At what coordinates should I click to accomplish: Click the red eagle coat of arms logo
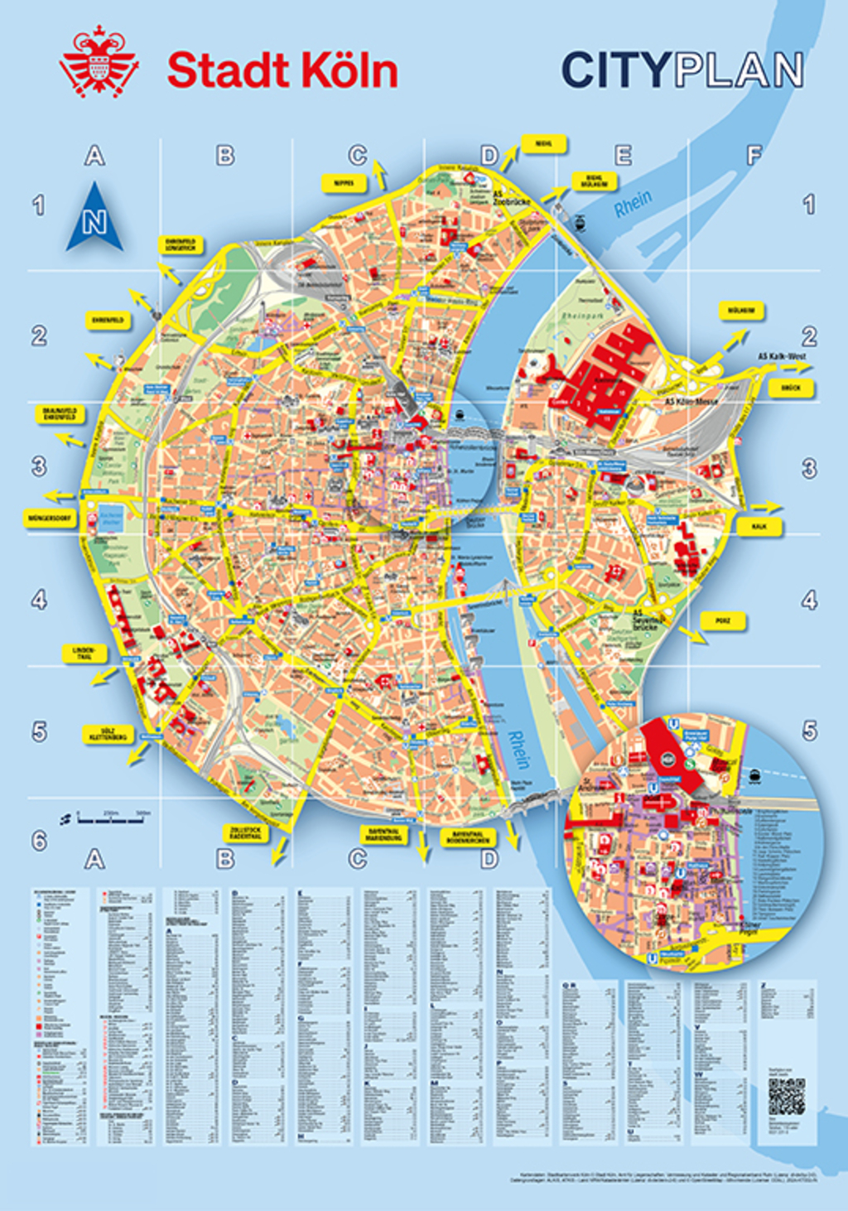(98, 62)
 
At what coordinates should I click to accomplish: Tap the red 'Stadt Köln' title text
(282, 71)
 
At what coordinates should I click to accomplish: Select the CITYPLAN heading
(682, 70)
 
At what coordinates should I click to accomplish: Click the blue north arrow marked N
(94, 219)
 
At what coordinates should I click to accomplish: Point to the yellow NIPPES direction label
(344, 182)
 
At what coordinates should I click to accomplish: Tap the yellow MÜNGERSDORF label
(50, 519)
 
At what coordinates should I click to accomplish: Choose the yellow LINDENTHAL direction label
(84, 654)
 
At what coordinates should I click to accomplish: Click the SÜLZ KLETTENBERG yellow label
(108, 734)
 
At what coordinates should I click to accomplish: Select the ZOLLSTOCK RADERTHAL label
(245, 832)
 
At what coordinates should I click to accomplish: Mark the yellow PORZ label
(723, 620)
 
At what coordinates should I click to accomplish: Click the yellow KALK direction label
(759, 526)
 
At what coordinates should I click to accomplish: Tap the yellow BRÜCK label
(790, 388)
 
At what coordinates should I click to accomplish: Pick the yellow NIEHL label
(543, 143)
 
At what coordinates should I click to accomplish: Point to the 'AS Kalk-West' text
(782, 356)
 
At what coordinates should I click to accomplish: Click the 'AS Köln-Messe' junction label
(691, 401)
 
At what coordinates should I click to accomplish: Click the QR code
(786, 1098)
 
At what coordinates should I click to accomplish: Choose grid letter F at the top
(754, 155)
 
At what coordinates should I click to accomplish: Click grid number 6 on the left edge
(39, 841)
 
